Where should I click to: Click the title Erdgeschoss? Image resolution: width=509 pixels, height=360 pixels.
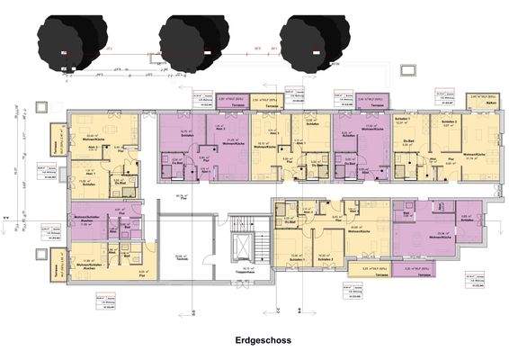click(259, 342)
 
